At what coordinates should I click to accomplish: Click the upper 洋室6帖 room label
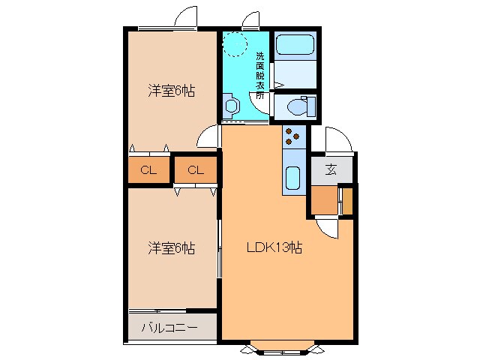pos(171,91)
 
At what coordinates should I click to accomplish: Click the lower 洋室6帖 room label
pos(171,247)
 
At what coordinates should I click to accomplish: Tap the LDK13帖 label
pos(276,247)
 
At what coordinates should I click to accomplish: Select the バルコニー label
pos(169,328)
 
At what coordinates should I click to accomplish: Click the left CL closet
pos(148,170)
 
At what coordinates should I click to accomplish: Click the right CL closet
pos(195,170)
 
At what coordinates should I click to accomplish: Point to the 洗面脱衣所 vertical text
pos(259,76)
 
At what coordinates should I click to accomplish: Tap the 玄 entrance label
pos(331,169)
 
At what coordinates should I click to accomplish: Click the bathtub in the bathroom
pos(294,45)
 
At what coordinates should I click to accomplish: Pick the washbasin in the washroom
pos(230,103)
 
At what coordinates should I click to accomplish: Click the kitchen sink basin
pos(293,179)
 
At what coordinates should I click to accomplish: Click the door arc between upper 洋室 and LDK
pos(206,136)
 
